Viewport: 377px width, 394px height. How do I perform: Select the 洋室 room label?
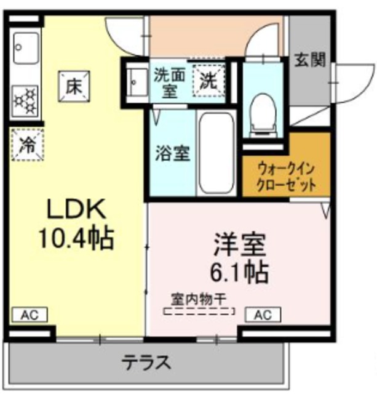click(240, 244)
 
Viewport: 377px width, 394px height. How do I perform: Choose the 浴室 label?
click(171, 153)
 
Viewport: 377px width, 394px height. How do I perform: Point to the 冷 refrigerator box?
click(27, 145)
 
